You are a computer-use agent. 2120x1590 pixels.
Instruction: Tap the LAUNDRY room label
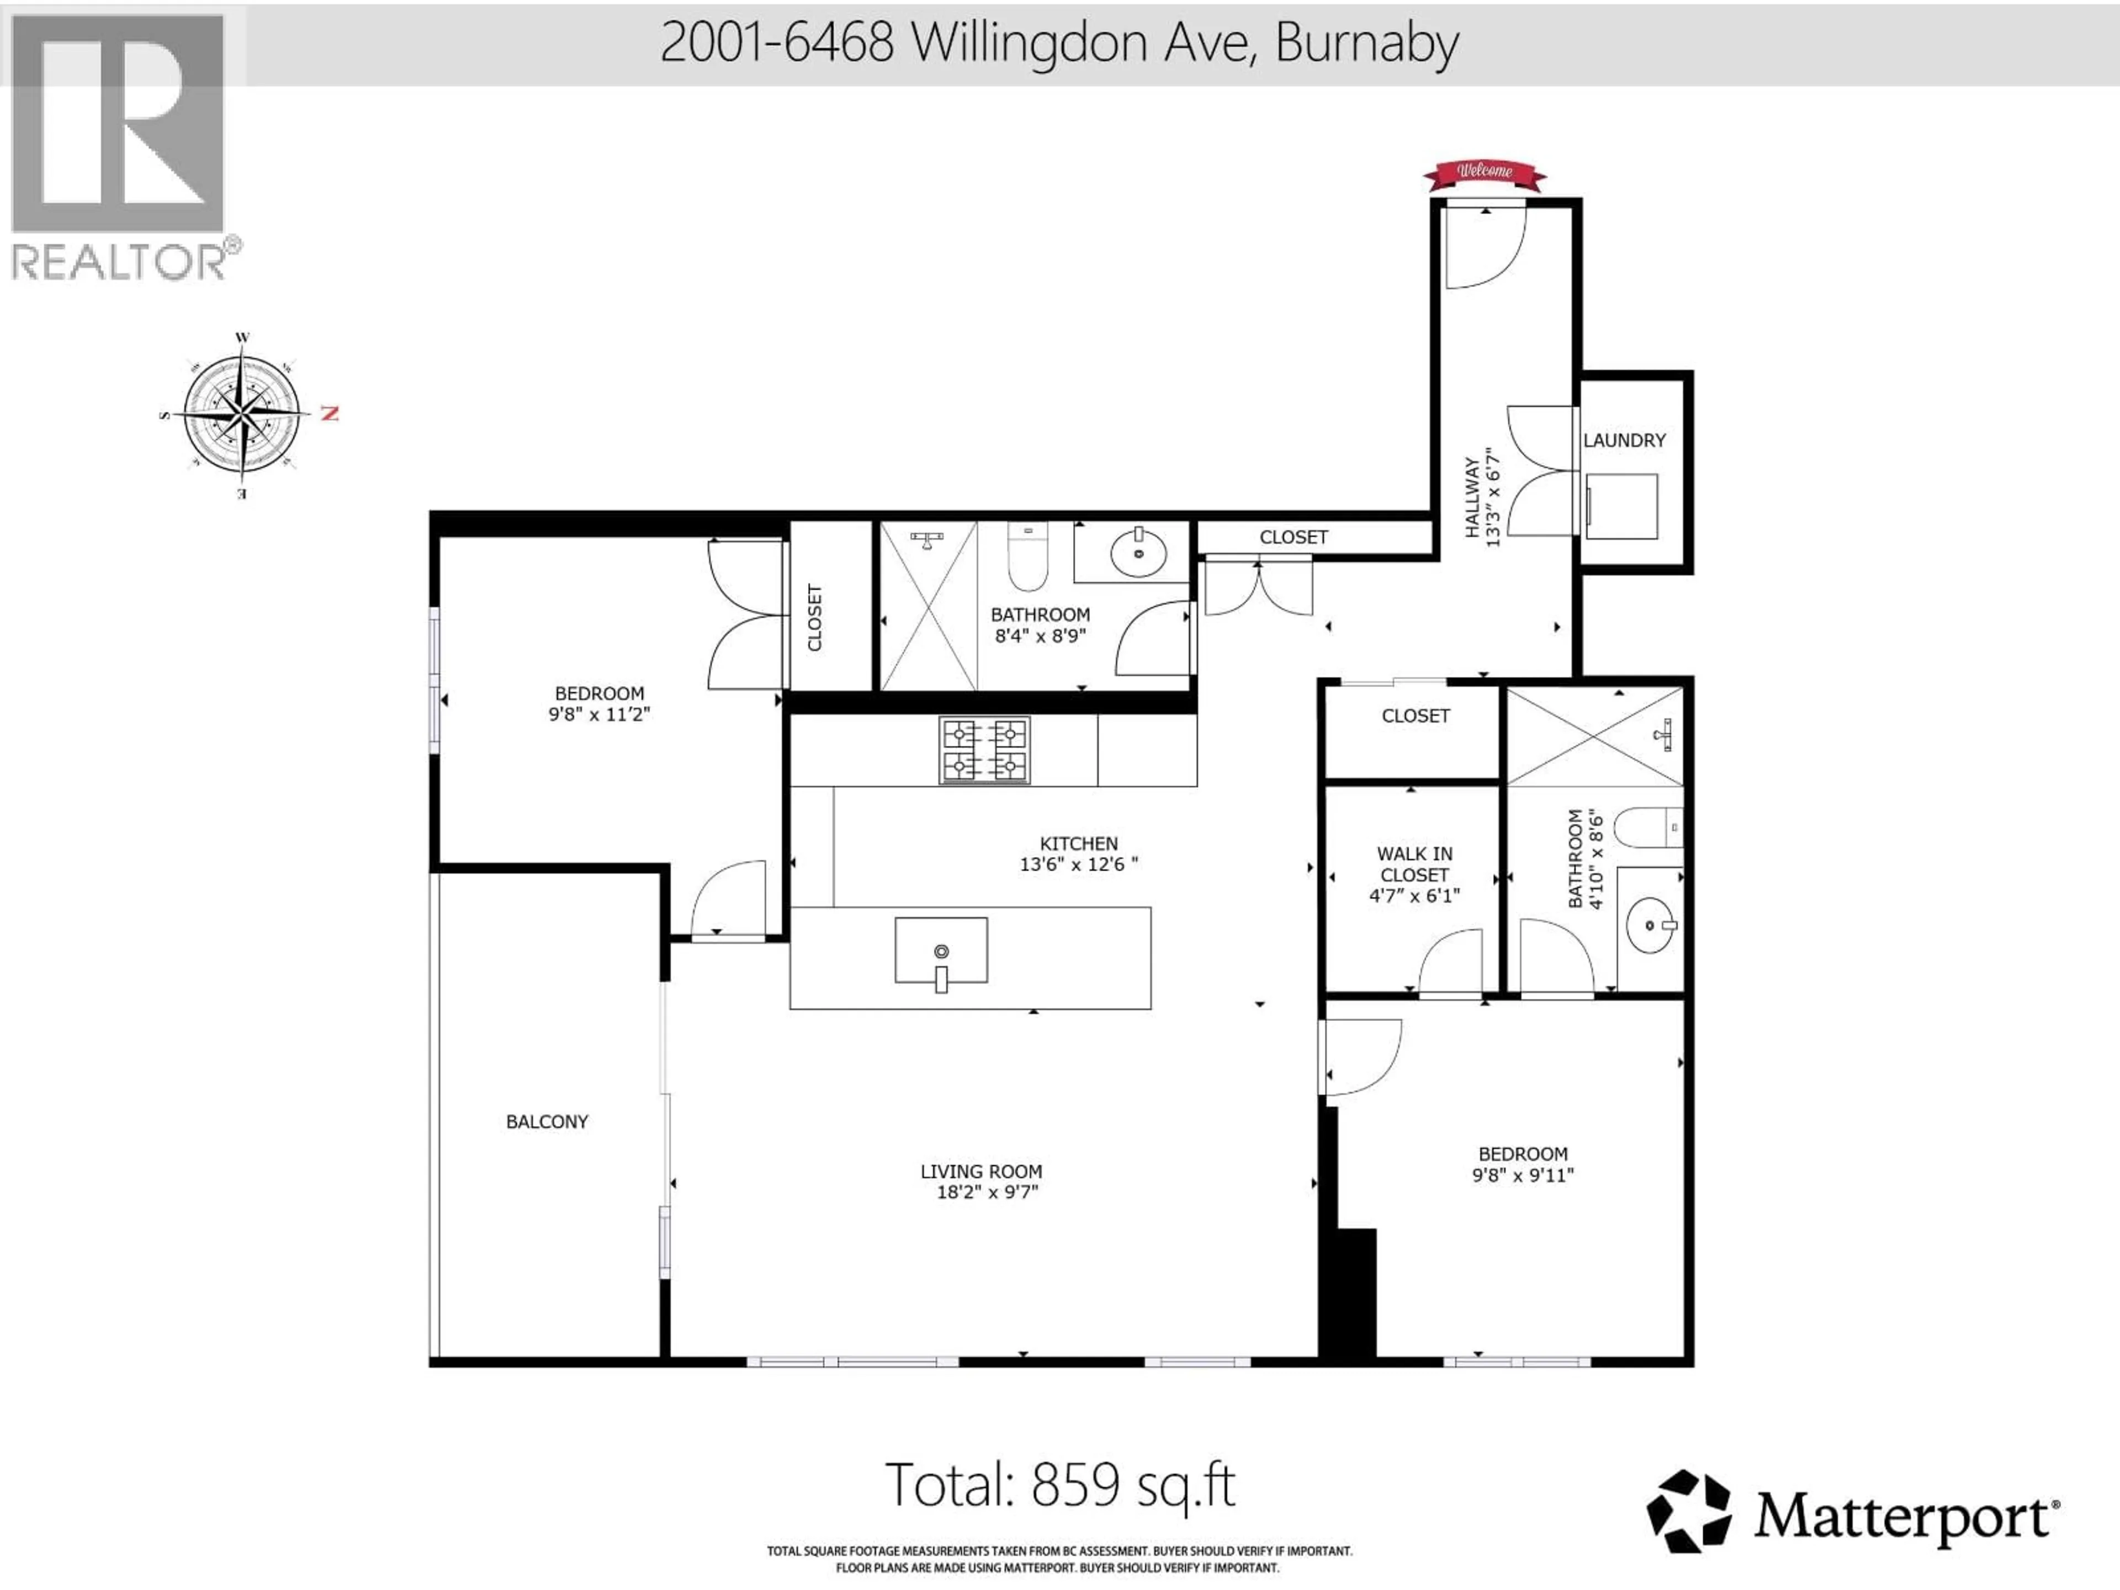click(1624, 441)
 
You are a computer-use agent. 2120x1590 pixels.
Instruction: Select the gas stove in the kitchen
click(984, 750)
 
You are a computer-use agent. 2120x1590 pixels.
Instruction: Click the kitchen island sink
click(941, 951)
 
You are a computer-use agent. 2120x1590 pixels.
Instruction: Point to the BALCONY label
click(547, 1121)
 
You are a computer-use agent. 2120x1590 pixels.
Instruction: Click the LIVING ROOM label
click(982, 1171)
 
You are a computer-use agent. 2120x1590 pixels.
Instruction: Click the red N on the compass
click(330, 414)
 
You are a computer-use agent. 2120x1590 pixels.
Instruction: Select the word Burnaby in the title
click(1368, 43)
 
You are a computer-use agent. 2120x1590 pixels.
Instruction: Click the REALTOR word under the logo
click(118, 262)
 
